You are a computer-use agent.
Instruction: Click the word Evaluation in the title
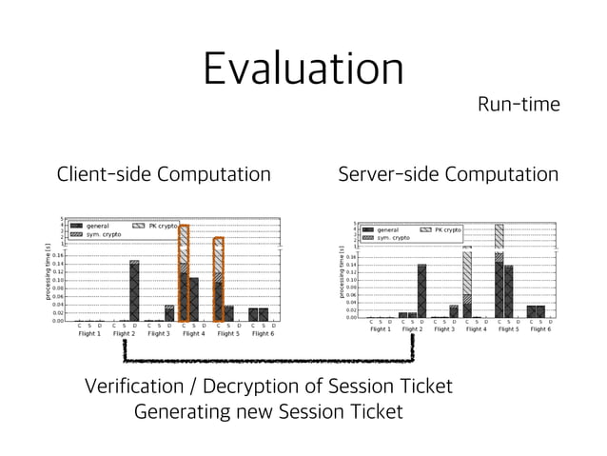point(303,69)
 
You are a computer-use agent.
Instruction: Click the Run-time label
point(519,104)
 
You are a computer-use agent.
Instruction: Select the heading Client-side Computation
point(164,174)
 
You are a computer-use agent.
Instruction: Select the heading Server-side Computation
point(448,174)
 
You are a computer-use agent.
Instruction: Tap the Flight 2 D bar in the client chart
point(134,290)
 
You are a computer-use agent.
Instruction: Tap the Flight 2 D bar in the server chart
point(421,290)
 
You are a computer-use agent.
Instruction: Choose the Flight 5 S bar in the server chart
point(508,290)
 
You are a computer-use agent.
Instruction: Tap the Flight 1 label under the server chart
point(380,329)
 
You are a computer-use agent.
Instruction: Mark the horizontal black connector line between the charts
point(268,361)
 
